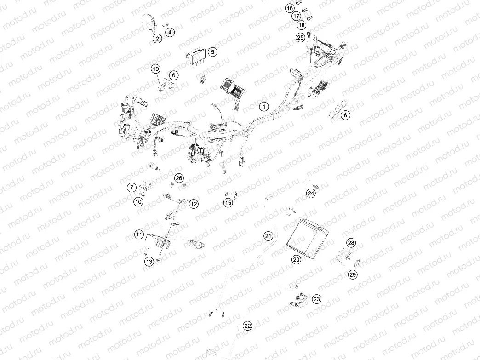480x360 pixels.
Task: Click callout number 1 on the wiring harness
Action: pos(264,107)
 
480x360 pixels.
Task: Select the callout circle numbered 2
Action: pos(157,38)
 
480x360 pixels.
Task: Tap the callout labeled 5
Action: pos(212,52)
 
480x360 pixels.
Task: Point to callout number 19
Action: pos(156,69)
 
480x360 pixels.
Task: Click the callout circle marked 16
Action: pos(290,8)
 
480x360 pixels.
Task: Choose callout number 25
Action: pos(300,37)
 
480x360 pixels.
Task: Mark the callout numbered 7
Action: pos(131,187)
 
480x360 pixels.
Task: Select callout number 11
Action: pos(139,235)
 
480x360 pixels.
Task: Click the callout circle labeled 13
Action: pos(149,262)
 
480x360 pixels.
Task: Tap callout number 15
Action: pos(228,203)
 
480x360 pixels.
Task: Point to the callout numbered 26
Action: pos(179,178)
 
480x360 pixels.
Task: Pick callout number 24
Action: pos(311,194)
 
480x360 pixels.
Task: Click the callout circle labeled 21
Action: pos(268,236)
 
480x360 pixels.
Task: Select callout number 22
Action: pos(248,326)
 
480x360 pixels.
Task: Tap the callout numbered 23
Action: pos(316,299)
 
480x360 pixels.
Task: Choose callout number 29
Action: pos(353,274)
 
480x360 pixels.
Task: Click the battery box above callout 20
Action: pos(307,235)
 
